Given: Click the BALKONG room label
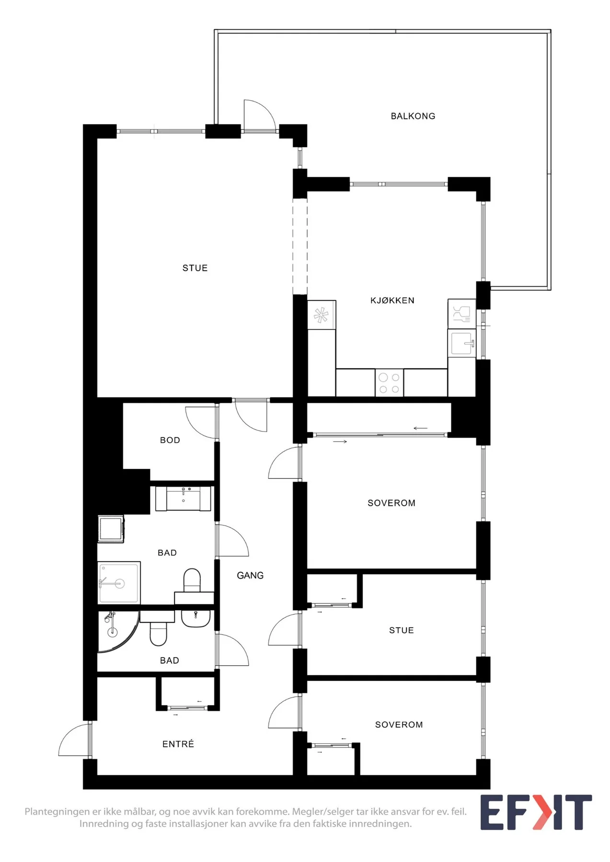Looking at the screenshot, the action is pos(413,116).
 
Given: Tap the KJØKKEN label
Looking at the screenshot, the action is pos(392,300).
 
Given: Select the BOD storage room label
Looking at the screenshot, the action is pos(170,440).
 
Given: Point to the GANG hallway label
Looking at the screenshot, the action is pos(250,575).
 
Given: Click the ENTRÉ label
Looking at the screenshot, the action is pos(178,744).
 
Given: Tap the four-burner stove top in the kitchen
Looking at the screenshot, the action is pos(389,383).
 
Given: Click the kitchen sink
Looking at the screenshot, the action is pos(462,343).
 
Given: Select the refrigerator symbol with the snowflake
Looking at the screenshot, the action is pos(321,315).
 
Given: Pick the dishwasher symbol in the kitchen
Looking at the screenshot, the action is pos(462,314).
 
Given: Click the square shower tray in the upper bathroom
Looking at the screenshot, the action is pos(119,583).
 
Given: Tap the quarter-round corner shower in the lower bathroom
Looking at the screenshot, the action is pos(115,631).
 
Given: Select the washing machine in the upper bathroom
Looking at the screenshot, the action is pos(111,529).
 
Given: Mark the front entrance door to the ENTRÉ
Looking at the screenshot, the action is pos(75,739).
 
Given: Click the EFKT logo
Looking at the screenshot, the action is pos(536,812).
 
